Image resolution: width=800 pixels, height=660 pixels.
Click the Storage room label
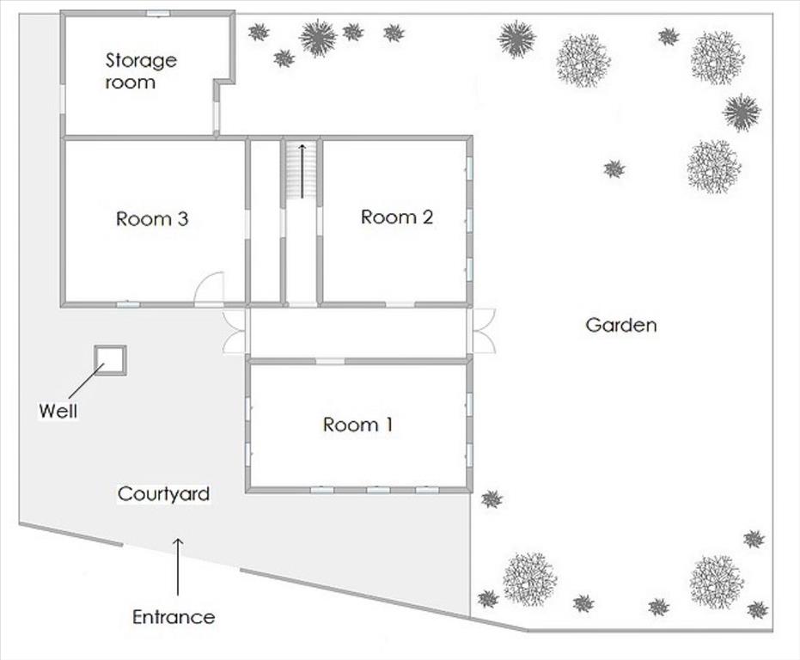[x=141, y=71]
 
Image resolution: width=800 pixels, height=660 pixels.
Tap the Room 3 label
[x=152, y=219]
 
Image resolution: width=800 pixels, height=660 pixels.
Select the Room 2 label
[x=397, y=217]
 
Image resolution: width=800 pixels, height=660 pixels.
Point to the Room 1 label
[x=357, y=425]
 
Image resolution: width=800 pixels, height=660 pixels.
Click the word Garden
[x=621, y=325]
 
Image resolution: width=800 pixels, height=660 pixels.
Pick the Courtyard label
[x=163, y=493]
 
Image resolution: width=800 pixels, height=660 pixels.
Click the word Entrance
[x=174, y=617]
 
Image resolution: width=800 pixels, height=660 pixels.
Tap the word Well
[x=58, y=411]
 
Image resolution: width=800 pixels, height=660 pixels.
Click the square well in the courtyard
[x=110, y=361]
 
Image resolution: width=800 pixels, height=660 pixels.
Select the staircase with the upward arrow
[x=301, y=170]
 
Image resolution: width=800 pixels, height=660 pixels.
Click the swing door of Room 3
[x=210, y=289]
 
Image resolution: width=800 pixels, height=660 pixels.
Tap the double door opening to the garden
[x=483, y=331]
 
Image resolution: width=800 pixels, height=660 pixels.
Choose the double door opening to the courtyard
[x=235, y=333]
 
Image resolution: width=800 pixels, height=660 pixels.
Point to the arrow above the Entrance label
[x=178, y=566]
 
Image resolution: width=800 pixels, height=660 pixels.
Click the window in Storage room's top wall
[x=158, y=13]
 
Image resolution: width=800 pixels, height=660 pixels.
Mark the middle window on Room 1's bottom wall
[x=378, y=490]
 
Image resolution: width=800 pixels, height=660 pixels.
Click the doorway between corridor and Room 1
[x=330, y=362]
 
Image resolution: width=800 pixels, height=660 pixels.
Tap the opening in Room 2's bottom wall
[x=400, y=305]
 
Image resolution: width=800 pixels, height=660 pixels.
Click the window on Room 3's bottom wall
[x=128, y=305]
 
